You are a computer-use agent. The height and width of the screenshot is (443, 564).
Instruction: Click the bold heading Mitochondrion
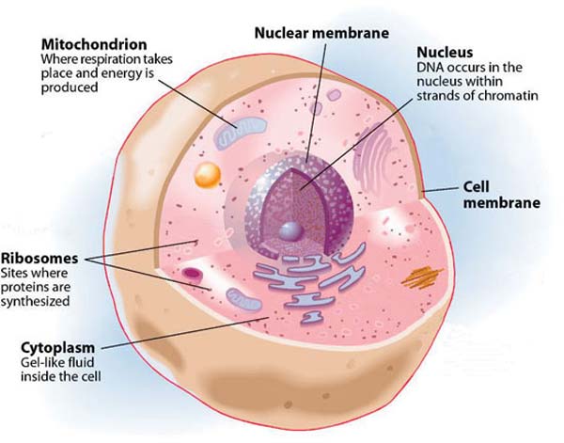tap(94, 44)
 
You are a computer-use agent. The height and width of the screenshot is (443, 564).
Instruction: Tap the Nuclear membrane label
tap(321, 33)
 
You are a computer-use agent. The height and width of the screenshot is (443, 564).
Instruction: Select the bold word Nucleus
tap(445, 53)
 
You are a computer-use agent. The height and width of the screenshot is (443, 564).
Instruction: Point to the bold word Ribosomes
tap(39, 259)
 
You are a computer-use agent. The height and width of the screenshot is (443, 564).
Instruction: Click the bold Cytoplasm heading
tap(58, 348)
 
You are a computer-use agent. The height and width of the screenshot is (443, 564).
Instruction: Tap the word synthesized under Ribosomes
tap(35, 301)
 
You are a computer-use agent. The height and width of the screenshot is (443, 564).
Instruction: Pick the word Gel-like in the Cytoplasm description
tap(39, 362)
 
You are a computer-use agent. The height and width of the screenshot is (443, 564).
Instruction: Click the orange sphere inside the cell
tap(207, 175)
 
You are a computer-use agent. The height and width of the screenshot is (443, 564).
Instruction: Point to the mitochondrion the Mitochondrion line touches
tap(241, 133)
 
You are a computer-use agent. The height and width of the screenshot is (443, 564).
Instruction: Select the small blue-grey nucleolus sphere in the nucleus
tap(290, 231)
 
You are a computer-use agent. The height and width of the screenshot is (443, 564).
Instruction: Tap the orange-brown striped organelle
tap(421, 277)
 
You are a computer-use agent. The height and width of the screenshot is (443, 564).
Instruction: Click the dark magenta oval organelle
tap(192, 274)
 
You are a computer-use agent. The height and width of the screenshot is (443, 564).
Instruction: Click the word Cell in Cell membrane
tap(476, 187)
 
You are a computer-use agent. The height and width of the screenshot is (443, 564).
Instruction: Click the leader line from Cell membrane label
tap(441, 189)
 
